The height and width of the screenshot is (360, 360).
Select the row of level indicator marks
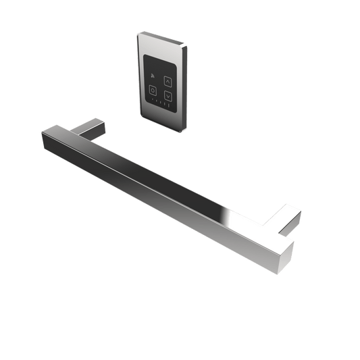click(x=159, y=102)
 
